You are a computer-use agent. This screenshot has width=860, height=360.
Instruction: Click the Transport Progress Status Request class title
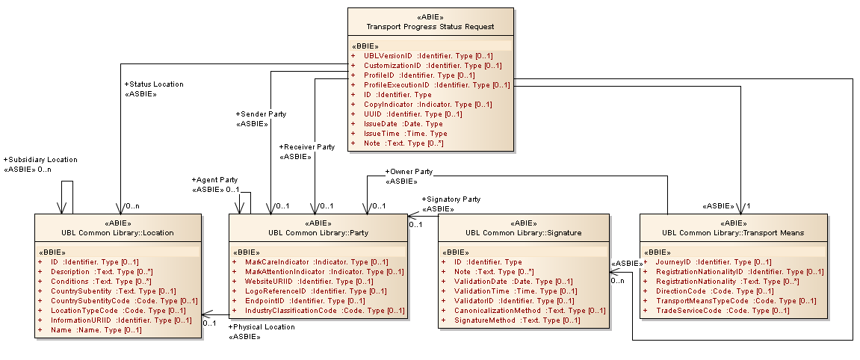point(430,27)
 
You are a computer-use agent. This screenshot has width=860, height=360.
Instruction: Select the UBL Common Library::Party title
point(318,232)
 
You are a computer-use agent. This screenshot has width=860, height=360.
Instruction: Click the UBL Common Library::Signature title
point(523,232)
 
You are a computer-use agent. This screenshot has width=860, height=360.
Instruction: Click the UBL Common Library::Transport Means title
point(733,232)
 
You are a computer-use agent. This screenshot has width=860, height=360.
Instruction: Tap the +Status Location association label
point(154,84)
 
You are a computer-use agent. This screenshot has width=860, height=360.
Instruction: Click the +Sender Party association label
point(261,114)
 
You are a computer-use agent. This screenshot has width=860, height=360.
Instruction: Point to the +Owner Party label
point(409,171)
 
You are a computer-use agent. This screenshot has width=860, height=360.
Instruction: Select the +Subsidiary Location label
point(40,160)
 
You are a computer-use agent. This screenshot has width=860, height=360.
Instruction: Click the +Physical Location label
point(261,327)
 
